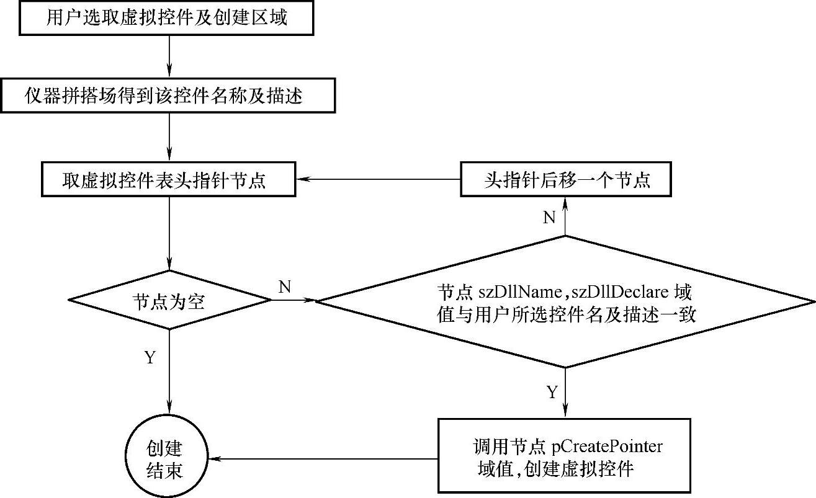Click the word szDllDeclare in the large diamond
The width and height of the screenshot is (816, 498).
click(x=620, y=292)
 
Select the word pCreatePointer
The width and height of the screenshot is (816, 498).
click(x=607, y=447)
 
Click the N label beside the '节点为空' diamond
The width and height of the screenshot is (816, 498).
click(x=284, y=287)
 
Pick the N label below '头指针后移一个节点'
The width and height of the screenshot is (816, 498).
click(x=549, y=218)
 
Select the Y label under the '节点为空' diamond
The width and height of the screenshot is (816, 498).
click(x=150, y=357)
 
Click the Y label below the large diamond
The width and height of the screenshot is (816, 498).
click(x=552, y=393)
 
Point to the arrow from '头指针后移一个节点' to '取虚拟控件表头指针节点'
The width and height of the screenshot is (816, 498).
click(x=378, y=179)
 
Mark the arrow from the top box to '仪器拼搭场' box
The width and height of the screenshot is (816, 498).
click(x=169, y=57)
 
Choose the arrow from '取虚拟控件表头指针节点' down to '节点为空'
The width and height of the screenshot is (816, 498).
click(x=169, y=234)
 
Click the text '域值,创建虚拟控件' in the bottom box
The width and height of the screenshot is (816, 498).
click(x=555, y=469)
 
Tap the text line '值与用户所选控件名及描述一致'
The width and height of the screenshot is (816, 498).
click(x=567, y=314)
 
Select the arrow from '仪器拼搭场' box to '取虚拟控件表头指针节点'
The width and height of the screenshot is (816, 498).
click(x=169, y=137)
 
